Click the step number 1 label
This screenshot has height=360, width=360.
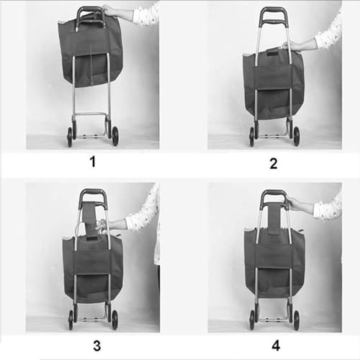(x=92, y=161)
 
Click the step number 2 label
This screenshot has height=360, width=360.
(x=273, y=163)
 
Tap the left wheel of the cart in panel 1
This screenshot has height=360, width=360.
(x=70, y=136)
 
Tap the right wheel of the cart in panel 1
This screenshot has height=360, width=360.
(x=114, y=136)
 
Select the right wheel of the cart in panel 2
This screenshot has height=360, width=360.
(x=295, y=136)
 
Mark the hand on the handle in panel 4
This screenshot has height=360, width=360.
(x=290, y=203)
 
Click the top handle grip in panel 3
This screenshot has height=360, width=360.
(x=92, y=192)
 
